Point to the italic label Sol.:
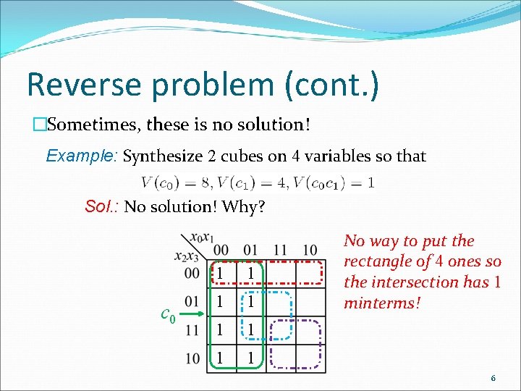point(102,207)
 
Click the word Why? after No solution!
point(244,207)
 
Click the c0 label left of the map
point(167,315)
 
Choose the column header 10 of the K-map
point(310,251)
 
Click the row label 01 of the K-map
point(192,300)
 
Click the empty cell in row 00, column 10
point(310,272)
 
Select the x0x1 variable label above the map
point(202,237)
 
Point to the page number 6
point(493,378)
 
